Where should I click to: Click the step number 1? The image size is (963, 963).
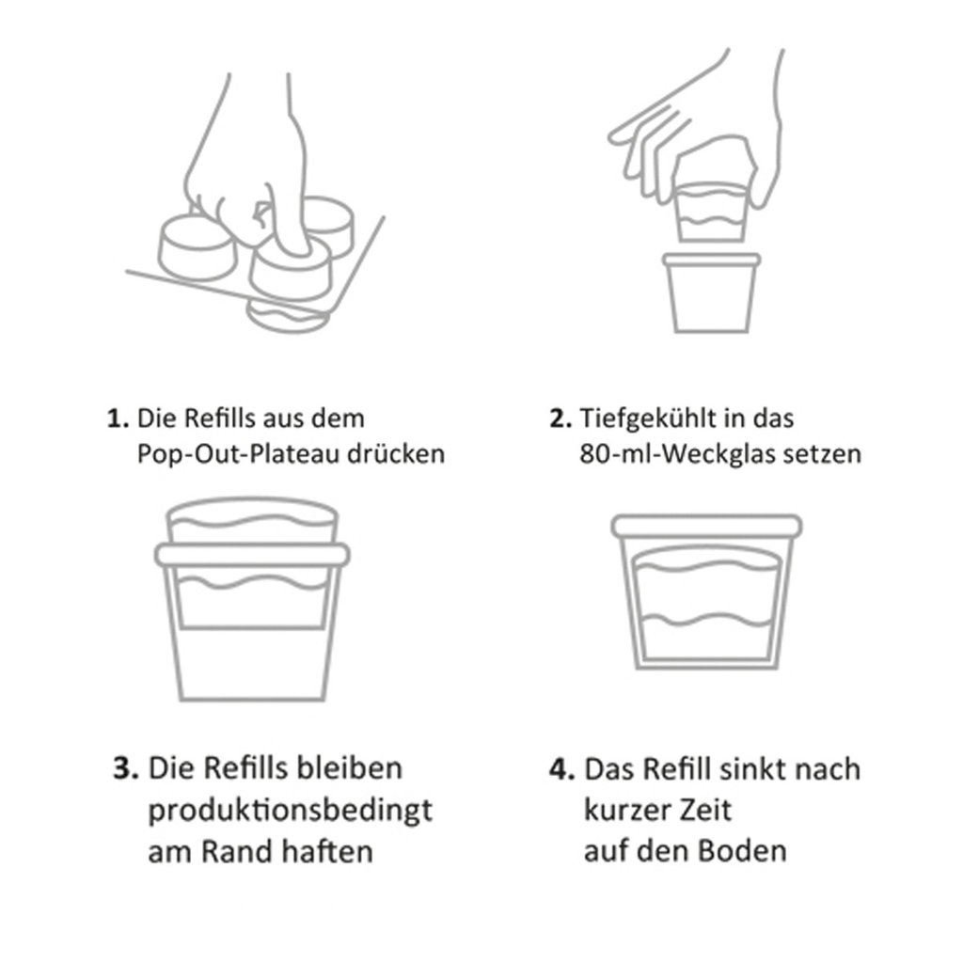coord(118,418)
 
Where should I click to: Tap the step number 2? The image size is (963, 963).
coord(560,418)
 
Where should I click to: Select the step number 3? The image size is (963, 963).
coord(125,768)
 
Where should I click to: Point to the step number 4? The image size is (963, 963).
coord(562,769)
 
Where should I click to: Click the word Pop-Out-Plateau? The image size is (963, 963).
coord(238,455)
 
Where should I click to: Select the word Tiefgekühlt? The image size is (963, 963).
coord(639,419)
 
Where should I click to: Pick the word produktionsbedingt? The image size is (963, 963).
coord(290,811)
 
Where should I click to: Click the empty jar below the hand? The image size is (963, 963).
coord(712,293)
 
